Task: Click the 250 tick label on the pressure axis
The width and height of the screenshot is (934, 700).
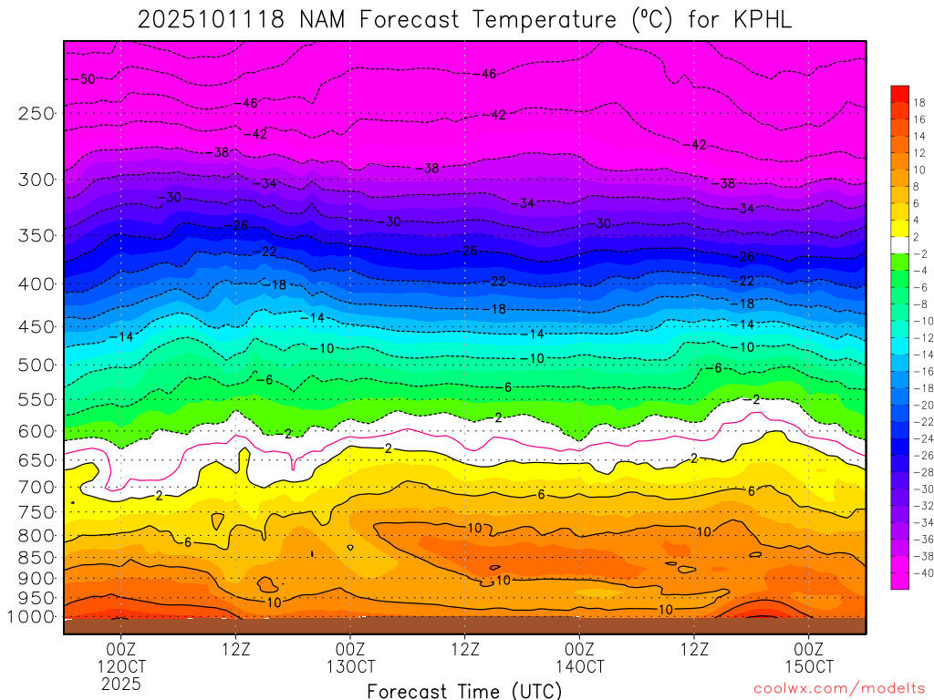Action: point(36,113)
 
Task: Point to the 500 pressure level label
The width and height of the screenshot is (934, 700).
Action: point(36,365)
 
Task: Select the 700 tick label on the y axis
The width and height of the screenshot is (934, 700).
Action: point(36,488)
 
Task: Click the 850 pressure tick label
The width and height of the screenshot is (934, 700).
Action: point(36,556)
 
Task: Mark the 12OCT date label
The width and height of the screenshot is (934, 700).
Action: point(121,666)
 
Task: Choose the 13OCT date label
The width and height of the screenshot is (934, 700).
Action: point(350,666)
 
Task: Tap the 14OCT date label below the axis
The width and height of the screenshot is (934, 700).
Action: point(580,666)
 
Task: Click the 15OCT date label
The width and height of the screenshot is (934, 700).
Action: point(809,666)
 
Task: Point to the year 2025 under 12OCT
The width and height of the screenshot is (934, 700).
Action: point(121,684)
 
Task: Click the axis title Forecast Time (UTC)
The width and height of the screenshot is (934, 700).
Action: point(464,690)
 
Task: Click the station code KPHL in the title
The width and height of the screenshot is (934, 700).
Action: point(761,19)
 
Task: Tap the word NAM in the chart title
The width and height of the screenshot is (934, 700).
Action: point(327,19)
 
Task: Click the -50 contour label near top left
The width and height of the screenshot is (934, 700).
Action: point(86,79)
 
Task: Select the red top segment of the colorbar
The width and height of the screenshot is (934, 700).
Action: point(899,93)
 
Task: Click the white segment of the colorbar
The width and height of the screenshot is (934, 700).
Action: point(899,244)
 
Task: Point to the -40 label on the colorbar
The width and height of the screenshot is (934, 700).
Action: point(919,572)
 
